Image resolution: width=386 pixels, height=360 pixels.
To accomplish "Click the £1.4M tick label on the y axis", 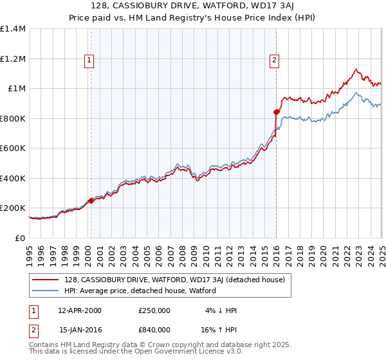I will [14, 29].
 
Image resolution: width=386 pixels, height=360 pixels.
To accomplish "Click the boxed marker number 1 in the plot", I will [89, 61].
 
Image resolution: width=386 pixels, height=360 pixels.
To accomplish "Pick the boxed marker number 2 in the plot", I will [274, 61].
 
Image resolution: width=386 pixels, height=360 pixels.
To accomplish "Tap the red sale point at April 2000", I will [91, 201].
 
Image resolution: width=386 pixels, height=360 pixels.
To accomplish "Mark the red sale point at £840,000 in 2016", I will [276, 113].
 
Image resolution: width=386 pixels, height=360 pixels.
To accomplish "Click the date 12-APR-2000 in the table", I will [80, 310].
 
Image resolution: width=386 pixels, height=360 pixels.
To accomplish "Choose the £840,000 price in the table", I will [154, 329].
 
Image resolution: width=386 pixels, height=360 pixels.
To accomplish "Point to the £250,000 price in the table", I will [154, 310].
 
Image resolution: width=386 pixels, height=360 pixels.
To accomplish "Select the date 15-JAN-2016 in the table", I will [80, 329].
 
